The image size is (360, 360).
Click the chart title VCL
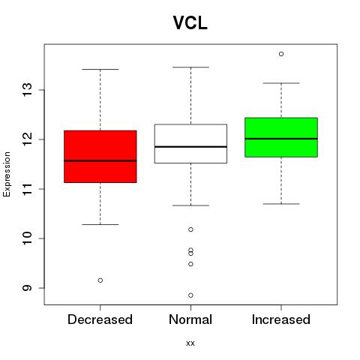coord(190,23)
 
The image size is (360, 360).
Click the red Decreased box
coord(100,157)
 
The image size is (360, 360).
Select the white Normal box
coord(190,143)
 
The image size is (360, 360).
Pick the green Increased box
coord(281,137)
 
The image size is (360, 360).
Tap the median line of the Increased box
coord(281,139)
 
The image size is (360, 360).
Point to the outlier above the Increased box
coord(281,54)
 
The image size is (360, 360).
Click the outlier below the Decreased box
coord(100,280)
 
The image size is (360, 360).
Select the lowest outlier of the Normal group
coord(190,295)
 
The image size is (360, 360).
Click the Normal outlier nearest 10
coord(190,229)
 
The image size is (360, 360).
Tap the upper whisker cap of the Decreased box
coord(100,69)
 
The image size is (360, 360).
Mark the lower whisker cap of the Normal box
coord(190,205)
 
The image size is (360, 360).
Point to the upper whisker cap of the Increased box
coord(281,83)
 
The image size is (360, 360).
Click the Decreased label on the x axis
coord(100,319)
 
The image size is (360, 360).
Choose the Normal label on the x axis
coord(190,319)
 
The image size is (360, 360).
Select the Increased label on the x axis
coord(281,319)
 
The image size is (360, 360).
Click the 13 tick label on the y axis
coord(27,90)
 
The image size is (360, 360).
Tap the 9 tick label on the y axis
coord(27,288)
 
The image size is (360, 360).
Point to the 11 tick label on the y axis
coord(27,189)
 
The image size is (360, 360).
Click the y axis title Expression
coord(7,174)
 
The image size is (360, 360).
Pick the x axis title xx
coord(190,343)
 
